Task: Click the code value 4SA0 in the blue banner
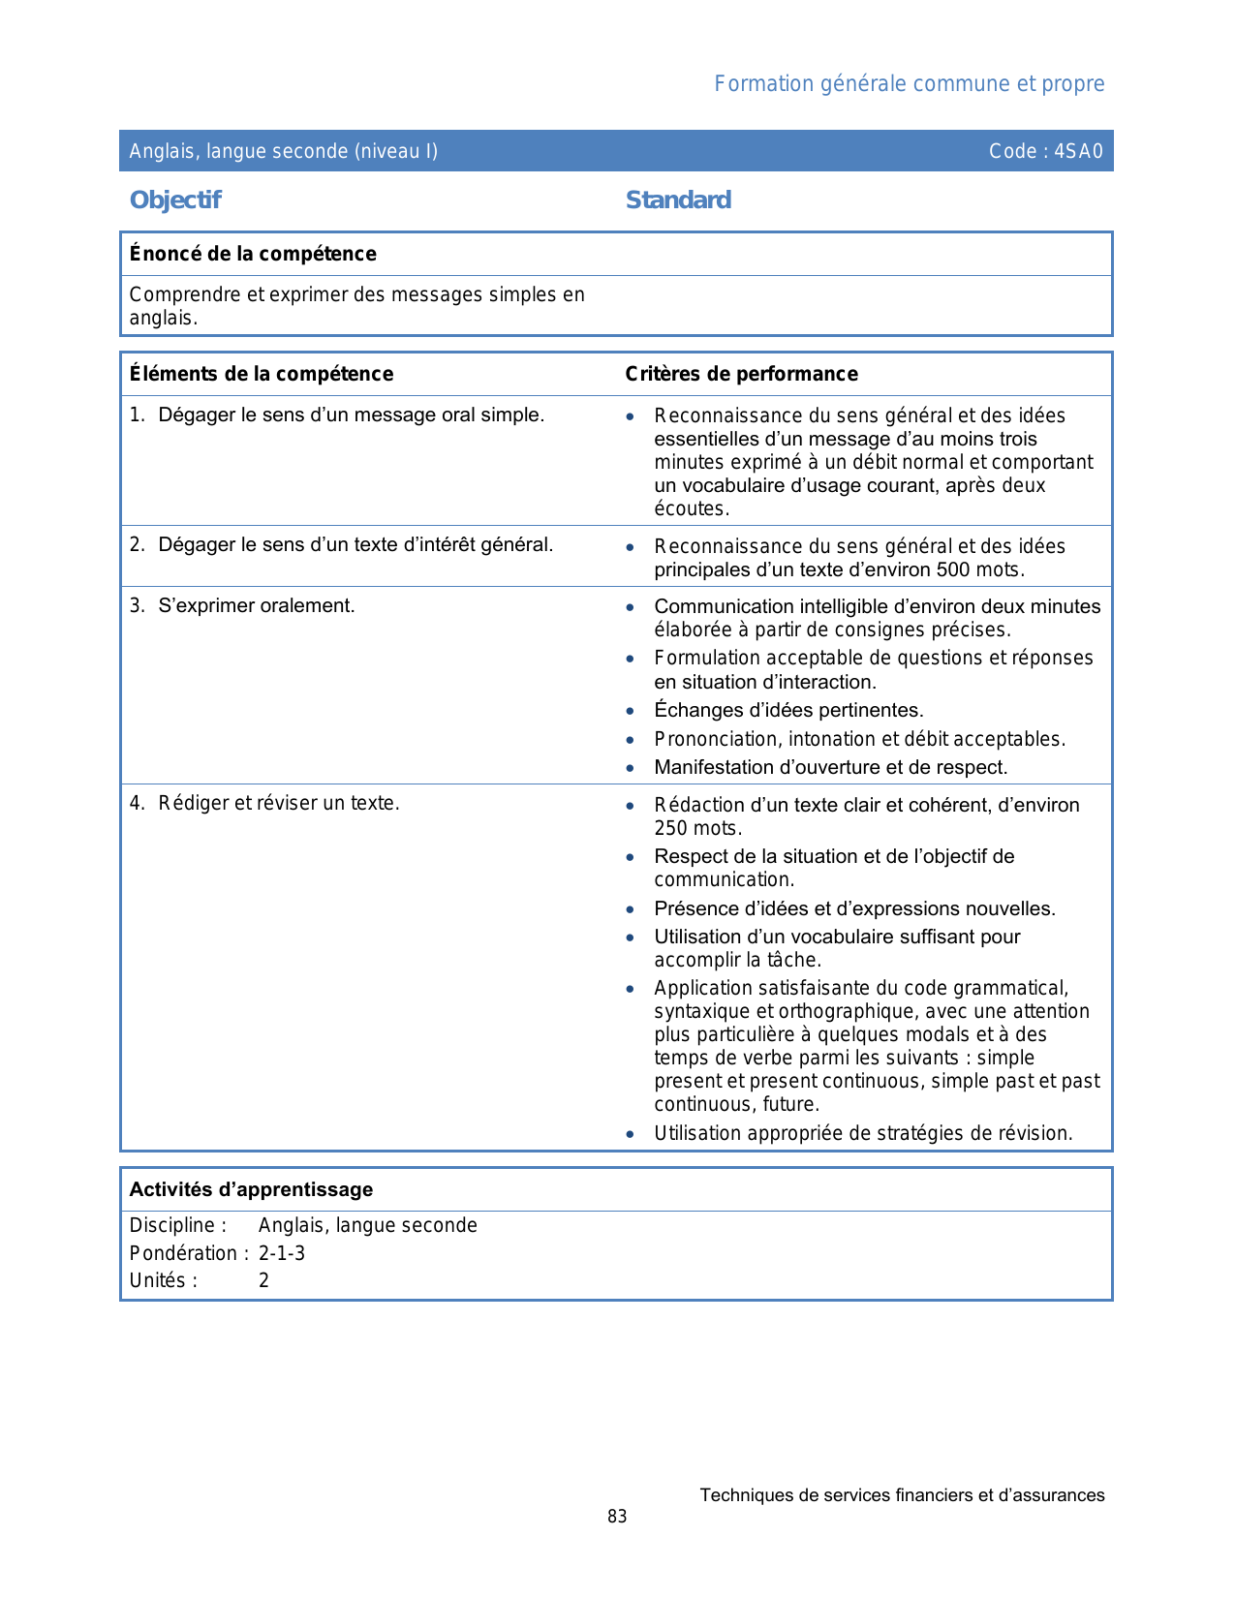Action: coord(1078,151)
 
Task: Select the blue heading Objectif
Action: coord(175,200)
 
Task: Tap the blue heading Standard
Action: coord(678,200)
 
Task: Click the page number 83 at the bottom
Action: coord(617,1517)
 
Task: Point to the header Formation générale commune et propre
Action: coord(909,84)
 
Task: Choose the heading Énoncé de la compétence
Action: coord(253,254)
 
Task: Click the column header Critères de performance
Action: coord(741,374)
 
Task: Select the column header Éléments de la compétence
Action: coord(262,374)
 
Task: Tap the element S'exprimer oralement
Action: coord(257,606)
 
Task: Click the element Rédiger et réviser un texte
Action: coord(279,803)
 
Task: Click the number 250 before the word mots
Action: coord(670,829)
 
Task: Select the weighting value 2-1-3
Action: coord(282,1253)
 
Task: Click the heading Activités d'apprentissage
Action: coord(251,1189)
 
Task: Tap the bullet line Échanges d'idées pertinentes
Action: coord(788,711)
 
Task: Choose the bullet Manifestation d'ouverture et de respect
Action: coord(830,768)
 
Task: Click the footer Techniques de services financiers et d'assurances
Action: coord(902,1495)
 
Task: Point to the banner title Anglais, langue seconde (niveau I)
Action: coord(284,151)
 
